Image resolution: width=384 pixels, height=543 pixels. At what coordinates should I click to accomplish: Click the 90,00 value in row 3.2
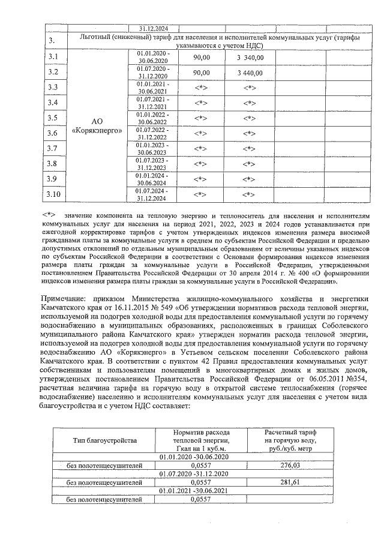(201, 73)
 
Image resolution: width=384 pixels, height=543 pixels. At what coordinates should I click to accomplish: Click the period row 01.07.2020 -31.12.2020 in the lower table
(201, 473)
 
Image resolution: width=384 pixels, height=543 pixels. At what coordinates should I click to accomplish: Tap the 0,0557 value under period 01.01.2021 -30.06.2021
(201, 499)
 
